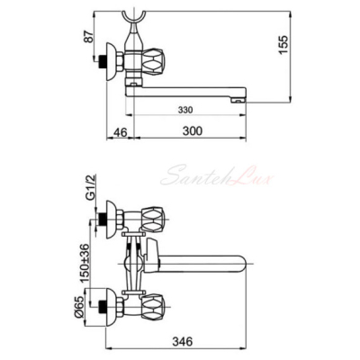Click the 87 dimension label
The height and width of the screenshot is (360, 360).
pyautogui.click(x=89, y=35)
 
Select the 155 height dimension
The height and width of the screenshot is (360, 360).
pyautogui.click(x=283, y=45)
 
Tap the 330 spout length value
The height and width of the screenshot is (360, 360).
pyautogui.click(x=185, y=110)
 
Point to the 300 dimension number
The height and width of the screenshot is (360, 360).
pyautogui.click(x=193, y=131)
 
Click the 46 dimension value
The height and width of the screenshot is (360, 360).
pyautogui.click(x=121, y=132)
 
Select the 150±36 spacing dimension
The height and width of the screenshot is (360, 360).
pyautogui.click(x=85, y=263)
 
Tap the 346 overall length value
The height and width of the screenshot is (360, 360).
pyautogui.click(x=182, y=341)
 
